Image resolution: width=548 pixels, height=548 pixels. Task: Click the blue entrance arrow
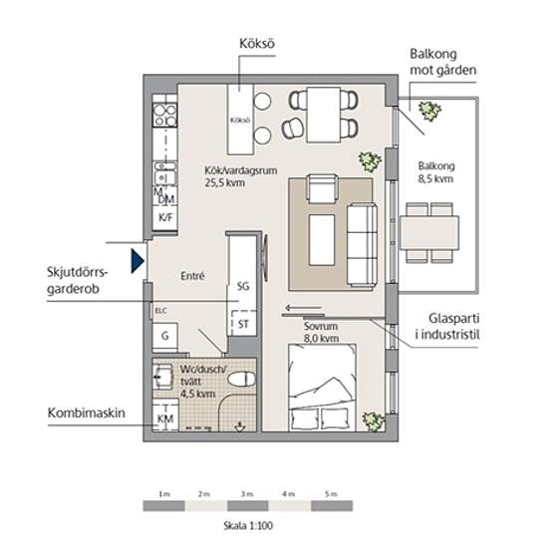pyautogui.click(x=137, y=261)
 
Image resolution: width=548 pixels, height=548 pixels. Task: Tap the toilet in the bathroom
pyautogui.click(x=241, y=380)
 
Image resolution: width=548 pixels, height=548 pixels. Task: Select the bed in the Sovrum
pyautogui.click(x=322, y=388)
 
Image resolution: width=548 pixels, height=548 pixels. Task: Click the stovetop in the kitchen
pyautogui.click(x=165, y=116)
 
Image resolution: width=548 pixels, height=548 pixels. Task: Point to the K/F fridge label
pyautogui.click(x=166, y=218)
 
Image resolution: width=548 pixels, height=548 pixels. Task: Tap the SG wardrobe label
pyautogui.click(x=243, y=286)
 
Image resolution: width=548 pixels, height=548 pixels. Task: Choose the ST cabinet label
pyautogui.click(x=243, y=324)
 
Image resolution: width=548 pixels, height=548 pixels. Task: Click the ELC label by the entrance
pyautogui.click(x=160, y=310)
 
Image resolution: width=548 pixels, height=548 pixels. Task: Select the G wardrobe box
pyautogui.click(x=165, y=336)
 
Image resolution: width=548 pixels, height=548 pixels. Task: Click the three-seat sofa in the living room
pyautogui.click(x=362, y=243)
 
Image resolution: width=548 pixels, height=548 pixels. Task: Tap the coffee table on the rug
pyautogui.click(x=322, y=240)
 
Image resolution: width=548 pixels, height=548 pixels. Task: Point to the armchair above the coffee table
pyautogui.click(x=322, y=188)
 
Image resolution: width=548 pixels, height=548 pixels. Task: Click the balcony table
pyautogui.click(x=429, y=233)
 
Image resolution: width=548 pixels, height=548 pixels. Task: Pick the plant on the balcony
pyautogui.click(x=429, y=111)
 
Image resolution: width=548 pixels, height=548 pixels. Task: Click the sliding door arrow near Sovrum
pyautogui.click(x=303, y=308)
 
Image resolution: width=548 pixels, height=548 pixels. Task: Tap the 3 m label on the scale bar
pyautogui.click(x=247, y=494)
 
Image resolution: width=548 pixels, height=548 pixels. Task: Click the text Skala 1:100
pyautogui.click(x=248, y=525)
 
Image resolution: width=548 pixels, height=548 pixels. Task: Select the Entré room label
pyautogui.click(x=192, y=276)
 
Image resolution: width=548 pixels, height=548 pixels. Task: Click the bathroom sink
pyautogui.click(x=162, y=377)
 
